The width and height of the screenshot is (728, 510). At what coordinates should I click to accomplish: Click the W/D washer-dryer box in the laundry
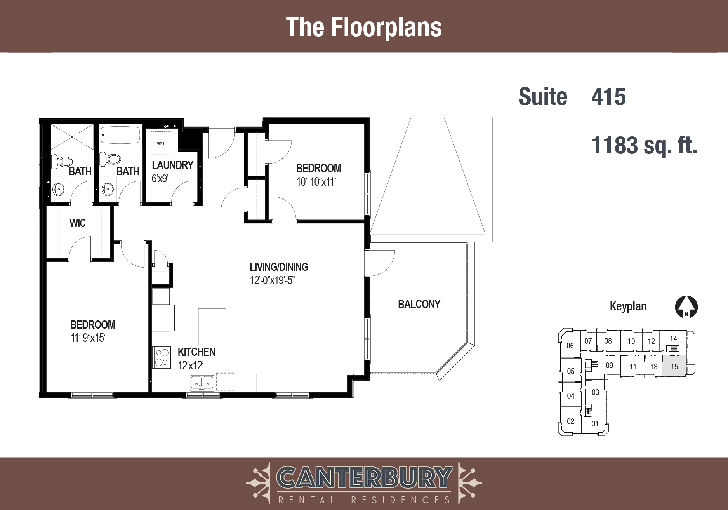[x=161, y=143]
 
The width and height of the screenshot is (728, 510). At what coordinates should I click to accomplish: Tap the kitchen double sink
[x=202, y=383]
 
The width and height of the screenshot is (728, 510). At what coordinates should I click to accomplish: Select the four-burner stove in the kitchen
[x=162, y=357]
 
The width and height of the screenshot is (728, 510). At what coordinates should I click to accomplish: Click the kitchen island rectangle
[x=212, y=327]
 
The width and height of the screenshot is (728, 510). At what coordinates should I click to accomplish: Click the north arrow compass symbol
[x=686, y=307]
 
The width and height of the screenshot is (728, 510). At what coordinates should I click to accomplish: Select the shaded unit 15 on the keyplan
[x=674, y=366]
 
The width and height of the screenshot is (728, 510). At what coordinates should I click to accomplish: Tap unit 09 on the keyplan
[x=609, y=365]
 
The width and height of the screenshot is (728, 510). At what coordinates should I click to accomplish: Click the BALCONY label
[x=419, y=304]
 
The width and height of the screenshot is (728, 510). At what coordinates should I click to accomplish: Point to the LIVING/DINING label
[x=279, y=267]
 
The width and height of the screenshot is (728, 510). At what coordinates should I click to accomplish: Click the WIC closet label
[x=78, y=223]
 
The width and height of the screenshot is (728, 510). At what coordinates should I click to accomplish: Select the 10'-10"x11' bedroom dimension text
[x=316, y=181]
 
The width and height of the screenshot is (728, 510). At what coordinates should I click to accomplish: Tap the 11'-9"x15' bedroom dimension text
[x=88, y=338]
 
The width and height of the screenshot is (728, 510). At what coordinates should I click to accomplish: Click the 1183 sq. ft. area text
[x=644, y=145]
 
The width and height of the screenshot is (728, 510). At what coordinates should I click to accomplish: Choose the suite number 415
[x=608, y=97]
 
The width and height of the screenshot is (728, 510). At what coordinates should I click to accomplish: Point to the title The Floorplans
[x=364, y=27]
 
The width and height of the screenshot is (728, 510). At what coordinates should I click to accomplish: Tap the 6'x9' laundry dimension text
[x=160, y=179]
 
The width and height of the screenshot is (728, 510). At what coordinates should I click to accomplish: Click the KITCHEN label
[x=196, y=352]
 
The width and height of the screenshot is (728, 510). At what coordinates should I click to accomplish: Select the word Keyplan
[x=628, y=306]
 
